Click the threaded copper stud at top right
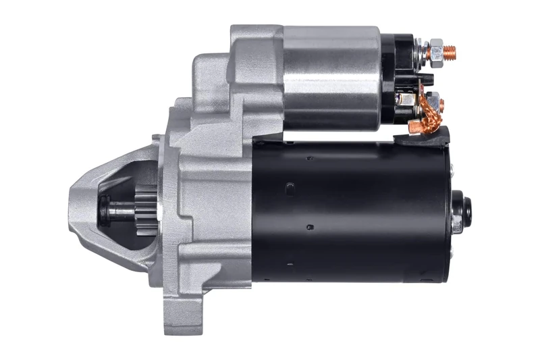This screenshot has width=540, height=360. point(450,51)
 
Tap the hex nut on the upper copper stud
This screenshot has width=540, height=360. point(437,49)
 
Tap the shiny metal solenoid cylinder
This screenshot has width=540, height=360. point(331,78)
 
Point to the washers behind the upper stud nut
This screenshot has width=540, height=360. point(422,51)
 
